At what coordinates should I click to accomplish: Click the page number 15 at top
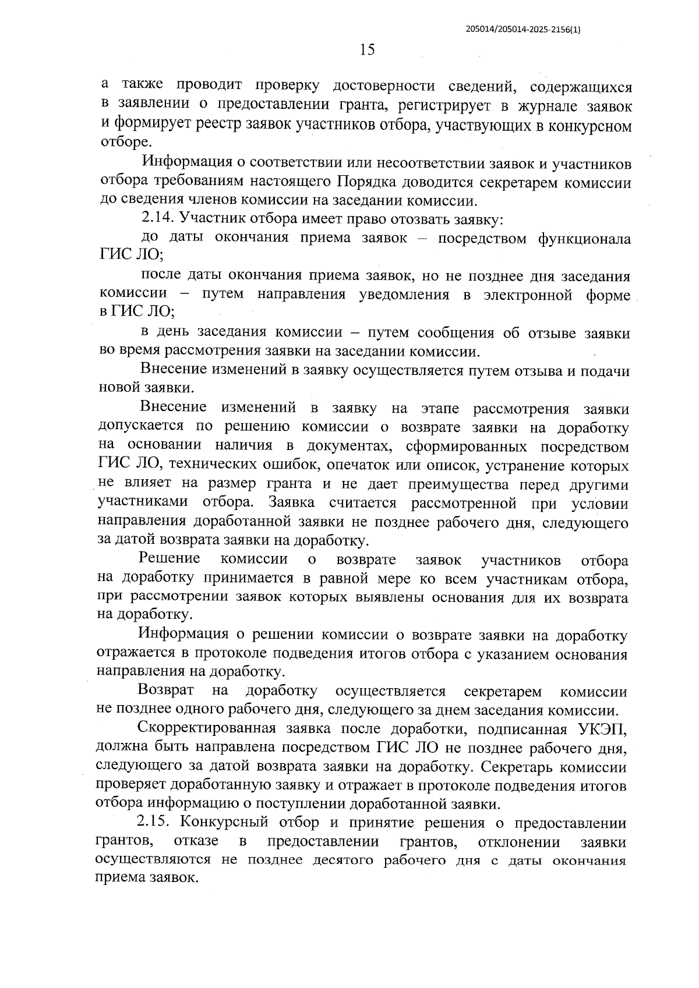tap(367, 50)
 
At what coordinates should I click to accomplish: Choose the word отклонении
tap(518, 842)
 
